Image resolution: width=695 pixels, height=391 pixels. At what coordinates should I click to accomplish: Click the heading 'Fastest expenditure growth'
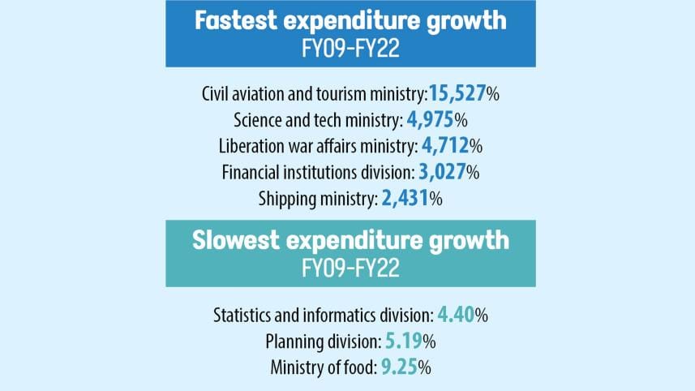coord(350,21)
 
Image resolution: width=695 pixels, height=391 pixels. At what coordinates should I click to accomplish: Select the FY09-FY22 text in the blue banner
coord(350,47)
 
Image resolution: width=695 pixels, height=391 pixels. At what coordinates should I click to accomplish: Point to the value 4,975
coord(430,120)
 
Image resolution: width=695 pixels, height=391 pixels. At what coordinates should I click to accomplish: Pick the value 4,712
coord(445,146)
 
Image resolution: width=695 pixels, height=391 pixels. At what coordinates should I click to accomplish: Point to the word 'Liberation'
coord(253,146)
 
